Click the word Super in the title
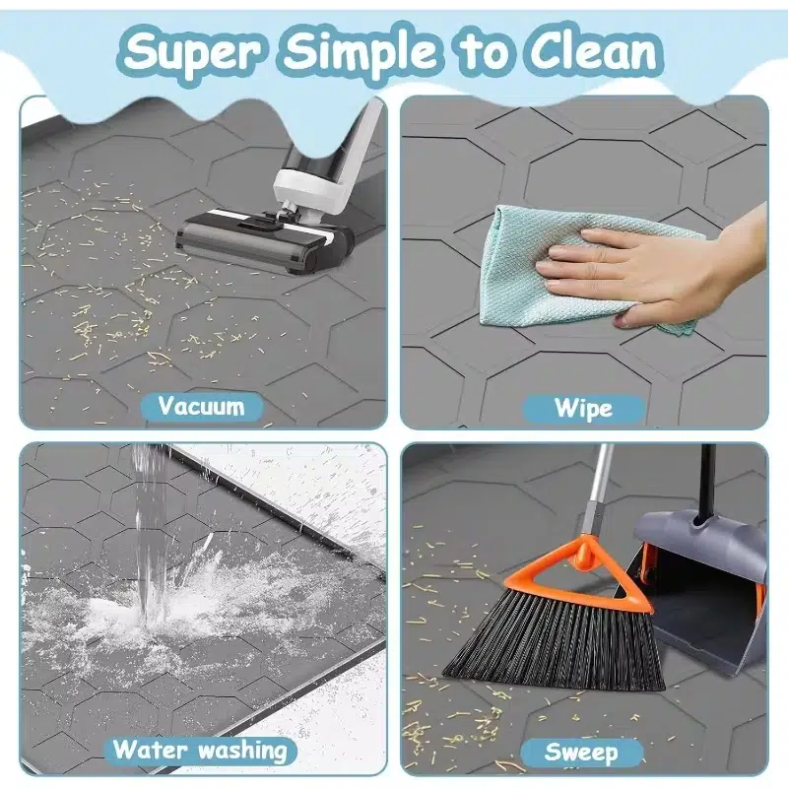[192, 53]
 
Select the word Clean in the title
[595, 52]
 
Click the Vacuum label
[202, 406]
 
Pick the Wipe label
[583, 408]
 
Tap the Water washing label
[200, 751]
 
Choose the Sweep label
[581, 753]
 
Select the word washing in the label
[242, 751]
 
